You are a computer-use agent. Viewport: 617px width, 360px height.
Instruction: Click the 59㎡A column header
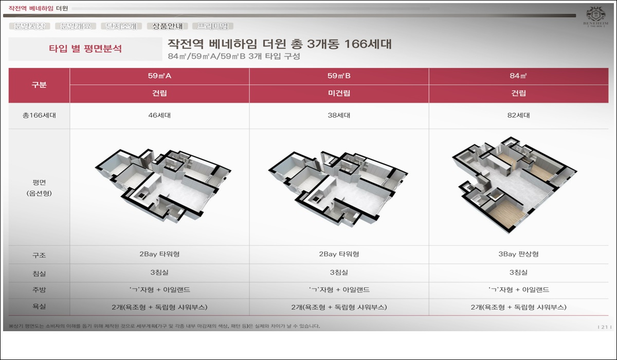159,76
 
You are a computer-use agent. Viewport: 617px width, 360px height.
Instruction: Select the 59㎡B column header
339,76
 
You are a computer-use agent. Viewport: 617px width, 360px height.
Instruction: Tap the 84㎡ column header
518,76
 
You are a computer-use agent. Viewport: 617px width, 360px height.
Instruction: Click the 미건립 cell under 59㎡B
339,94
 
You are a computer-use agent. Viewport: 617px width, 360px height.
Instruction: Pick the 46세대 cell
159,116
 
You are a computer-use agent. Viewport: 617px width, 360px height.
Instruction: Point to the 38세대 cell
339,116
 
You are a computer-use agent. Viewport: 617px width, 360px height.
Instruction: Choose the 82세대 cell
518,116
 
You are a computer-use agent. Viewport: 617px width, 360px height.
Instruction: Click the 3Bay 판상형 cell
518,255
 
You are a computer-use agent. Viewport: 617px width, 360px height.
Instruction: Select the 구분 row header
39,85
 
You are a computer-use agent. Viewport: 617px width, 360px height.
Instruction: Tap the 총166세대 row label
39,116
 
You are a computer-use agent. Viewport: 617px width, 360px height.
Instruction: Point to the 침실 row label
39,273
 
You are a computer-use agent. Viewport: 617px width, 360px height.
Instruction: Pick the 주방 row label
39,290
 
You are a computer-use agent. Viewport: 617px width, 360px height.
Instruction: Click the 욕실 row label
39,307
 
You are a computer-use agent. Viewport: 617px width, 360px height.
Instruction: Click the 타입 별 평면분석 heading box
85,49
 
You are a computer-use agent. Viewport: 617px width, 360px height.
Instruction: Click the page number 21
603,327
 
